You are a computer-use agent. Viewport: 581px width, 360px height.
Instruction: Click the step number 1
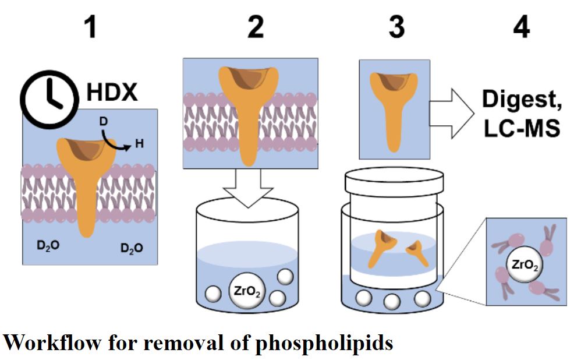[90, 27]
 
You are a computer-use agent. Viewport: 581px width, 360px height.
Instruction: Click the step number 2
[255, 27]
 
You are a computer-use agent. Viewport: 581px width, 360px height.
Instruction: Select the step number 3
[396, 27]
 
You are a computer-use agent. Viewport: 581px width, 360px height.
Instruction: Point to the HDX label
[112, 92]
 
